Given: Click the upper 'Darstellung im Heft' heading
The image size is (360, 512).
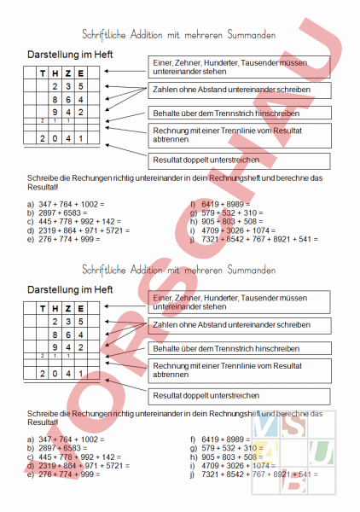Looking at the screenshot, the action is pyautogui.click(x=70, y=54).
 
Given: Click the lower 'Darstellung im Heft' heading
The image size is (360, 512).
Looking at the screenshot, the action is pyautogui.click(x=70, y=291).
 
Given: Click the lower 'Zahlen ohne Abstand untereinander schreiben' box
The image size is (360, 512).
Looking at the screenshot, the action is pyautogui.click(x=241, y=325).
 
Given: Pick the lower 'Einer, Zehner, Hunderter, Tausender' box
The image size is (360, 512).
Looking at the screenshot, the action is pyautogui.click(x=241, y=301).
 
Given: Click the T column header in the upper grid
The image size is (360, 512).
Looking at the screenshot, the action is pyautogui.click(x=40, y=74).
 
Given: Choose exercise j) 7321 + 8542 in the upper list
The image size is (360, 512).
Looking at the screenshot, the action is pyautogui.click(x=253, y=239).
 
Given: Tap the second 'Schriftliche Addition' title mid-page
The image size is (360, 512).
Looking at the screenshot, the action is pyautogui.click(x=179, y=271).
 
